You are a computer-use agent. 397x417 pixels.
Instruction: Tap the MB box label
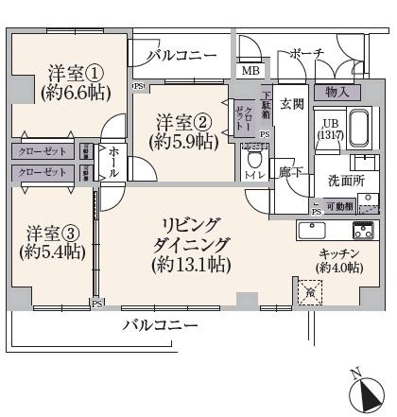click(x=250, y=71)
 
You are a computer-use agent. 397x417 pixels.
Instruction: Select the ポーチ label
click(x=307, y=53)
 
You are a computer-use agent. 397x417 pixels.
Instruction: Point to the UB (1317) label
click(x=330, y=132)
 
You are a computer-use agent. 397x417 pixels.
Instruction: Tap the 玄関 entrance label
click(x=291, y=104)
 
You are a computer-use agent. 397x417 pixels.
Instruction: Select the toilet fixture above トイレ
click(x=253, y=157)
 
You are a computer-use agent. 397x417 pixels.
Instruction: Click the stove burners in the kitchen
click(x=364, y=230)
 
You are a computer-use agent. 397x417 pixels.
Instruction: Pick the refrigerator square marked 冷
click(x=311, y=292)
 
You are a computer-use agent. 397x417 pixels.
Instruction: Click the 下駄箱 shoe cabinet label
click(x=268, y=104)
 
